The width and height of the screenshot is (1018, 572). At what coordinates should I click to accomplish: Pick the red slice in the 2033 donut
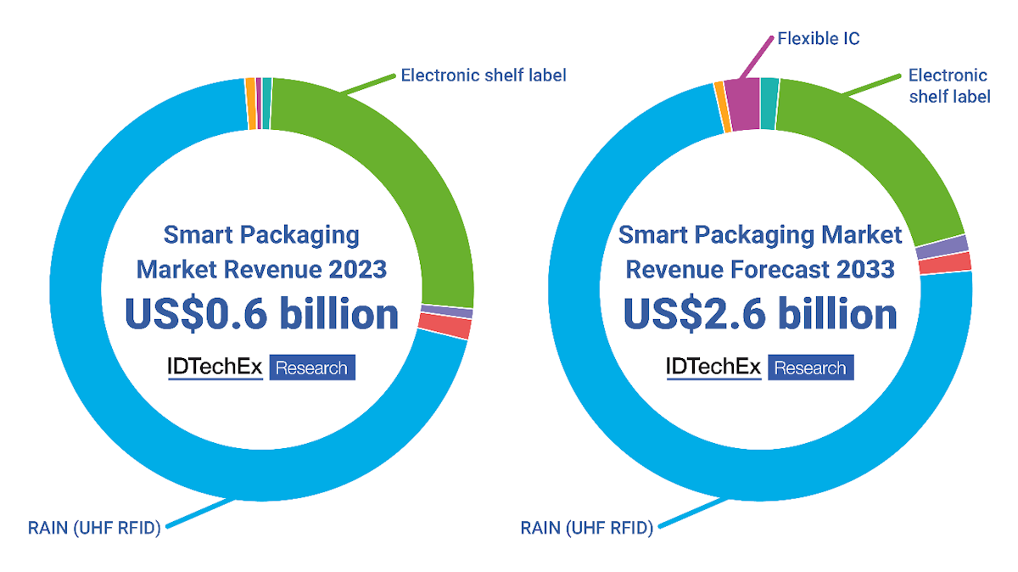pos(943,263)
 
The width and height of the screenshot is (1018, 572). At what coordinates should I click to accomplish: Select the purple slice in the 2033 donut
pos(942,245)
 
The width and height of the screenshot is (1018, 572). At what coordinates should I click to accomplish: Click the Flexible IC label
pos(819,38)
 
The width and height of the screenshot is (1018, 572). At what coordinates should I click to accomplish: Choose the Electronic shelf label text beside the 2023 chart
pos(483,76)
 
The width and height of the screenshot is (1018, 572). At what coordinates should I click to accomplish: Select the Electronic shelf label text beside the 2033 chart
pos(948,86)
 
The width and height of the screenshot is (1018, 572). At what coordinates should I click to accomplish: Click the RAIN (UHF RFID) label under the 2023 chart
pos(94,527)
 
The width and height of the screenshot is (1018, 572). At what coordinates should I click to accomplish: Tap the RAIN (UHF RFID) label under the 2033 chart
pos(586,528)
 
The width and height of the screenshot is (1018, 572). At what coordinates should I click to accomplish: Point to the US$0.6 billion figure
pos(261,314)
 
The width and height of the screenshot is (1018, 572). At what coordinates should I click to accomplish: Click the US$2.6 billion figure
pos(760,314)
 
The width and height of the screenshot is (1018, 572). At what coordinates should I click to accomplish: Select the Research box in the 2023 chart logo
pos(312,368)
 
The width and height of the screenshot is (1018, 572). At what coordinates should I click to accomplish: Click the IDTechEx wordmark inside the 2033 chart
pos(713,367)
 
